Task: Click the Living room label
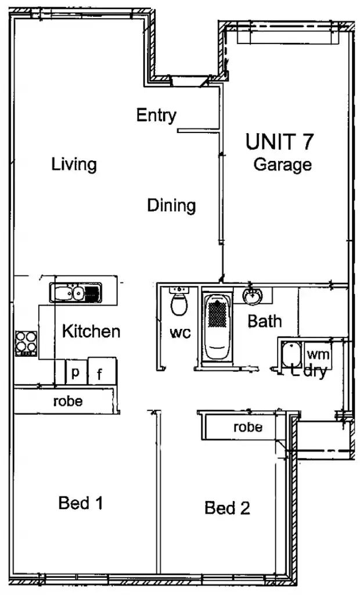click(74, 164)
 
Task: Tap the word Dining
click(171, 205)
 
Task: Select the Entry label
click(156, 115)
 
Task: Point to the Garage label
click(283, 164)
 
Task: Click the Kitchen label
click(91, 331)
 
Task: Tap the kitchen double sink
click(75, 292)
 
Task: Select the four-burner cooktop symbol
click(26, 343)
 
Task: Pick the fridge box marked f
click(100, 374)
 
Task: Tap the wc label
click(179, 334)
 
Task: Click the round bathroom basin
click(253, 296)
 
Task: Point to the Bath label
click(265, 321)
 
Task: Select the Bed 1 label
click(81, 503)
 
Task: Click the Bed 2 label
click(227, 508)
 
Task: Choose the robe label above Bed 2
click(247, 428)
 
